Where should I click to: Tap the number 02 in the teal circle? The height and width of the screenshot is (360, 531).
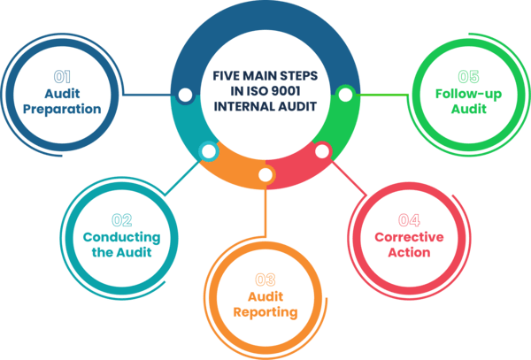point(121,218)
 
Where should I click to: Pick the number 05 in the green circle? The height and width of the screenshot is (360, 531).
point(469,76)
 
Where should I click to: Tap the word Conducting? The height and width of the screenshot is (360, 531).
point(121,237)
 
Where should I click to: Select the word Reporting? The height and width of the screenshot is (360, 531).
point(265,312)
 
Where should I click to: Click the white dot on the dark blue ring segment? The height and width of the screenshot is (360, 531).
point(185,94)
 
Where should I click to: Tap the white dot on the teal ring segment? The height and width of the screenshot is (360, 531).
point(208,151)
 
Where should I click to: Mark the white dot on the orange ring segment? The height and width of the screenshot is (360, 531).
point(265,174)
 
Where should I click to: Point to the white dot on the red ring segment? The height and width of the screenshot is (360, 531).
point(322,151)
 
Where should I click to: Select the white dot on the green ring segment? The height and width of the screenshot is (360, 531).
point(345,91)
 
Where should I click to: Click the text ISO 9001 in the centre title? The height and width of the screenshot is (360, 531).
point(264,91)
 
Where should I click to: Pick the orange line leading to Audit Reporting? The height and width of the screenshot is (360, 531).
point(265,212)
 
